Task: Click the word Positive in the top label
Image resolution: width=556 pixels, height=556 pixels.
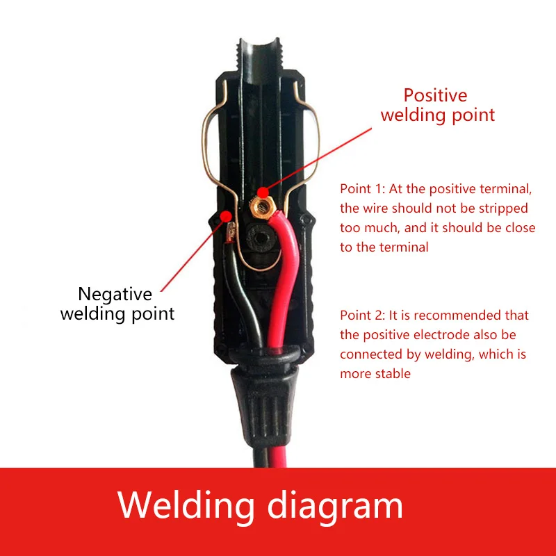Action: coord(435,95)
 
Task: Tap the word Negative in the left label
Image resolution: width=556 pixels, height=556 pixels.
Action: coord(115,294)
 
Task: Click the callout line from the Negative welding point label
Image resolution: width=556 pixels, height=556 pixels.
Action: coord(191,257)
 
